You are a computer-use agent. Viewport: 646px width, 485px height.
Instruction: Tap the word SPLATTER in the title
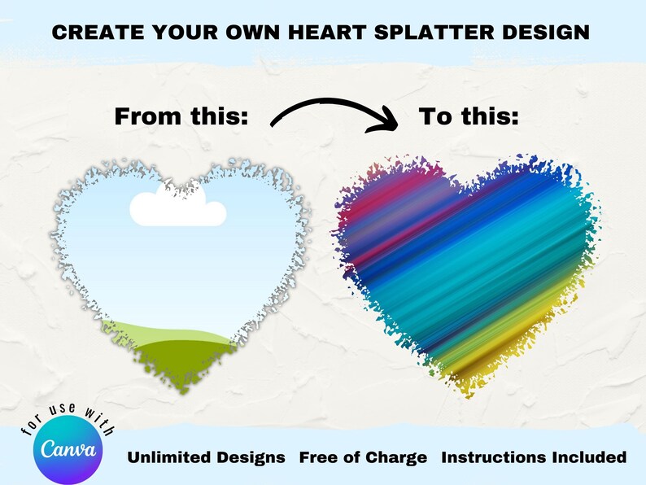point(431,33)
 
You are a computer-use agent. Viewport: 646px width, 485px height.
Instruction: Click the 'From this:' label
point(181,116)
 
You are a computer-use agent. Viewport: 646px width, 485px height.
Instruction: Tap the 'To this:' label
point(469,116)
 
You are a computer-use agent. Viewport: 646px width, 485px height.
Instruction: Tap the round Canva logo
point(68,450)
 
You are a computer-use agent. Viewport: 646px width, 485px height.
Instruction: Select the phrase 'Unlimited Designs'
point(206,457)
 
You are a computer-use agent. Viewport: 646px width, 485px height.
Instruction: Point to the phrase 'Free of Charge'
point(363,457)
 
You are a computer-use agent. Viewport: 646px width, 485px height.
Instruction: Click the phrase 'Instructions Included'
point(534,457)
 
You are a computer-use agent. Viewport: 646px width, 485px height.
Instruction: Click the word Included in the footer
point(584,457)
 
